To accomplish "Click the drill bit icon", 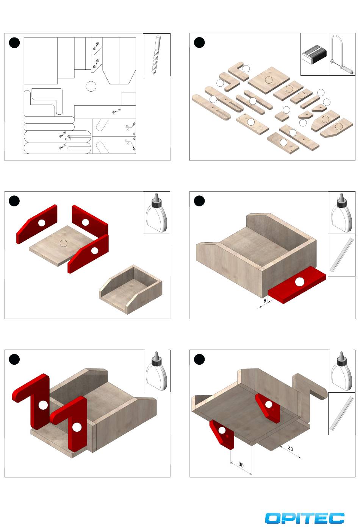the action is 157,55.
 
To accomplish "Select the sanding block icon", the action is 314,55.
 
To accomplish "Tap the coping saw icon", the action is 341,55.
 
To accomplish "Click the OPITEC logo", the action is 305,518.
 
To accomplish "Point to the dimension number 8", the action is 265,300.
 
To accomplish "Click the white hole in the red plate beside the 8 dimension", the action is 299,282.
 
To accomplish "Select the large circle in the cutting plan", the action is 91,86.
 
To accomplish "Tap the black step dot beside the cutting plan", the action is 14,43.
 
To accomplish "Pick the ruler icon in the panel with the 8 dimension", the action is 341,255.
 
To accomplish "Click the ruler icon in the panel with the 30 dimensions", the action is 341,413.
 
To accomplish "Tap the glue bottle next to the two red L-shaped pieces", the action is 157,371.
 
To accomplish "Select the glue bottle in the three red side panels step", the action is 157,212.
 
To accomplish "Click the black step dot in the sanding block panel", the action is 199,43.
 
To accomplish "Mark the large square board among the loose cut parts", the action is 269,79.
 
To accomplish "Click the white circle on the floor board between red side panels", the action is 64,243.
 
